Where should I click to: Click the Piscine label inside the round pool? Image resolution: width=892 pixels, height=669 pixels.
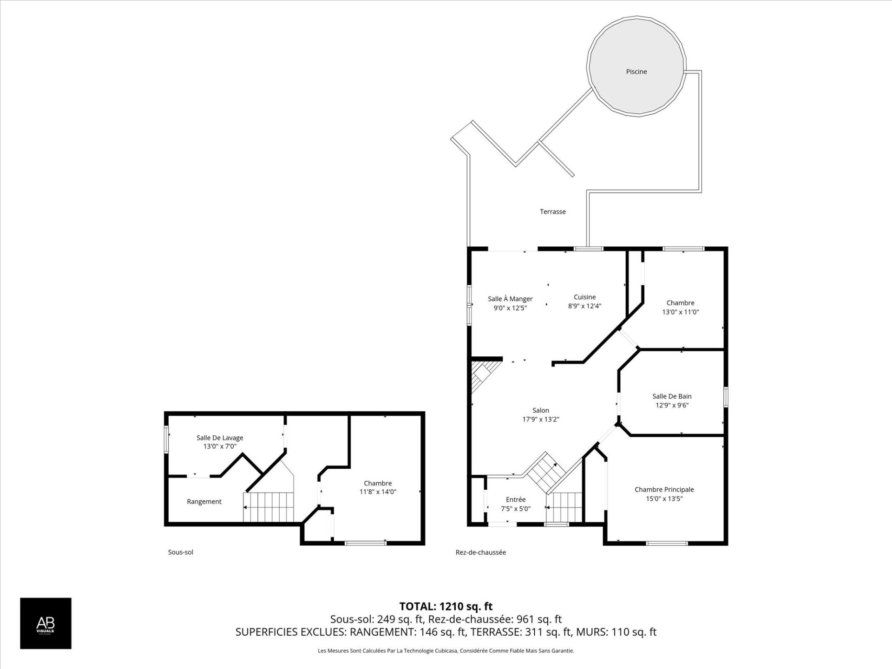(636, 72)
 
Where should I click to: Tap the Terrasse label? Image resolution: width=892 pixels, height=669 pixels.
(552, 211)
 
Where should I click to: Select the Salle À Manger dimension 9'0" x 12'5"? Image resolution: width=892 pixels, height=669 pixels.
(510, 308)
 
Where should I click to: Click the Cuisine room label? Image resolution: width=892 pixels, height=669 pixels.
(584, 297)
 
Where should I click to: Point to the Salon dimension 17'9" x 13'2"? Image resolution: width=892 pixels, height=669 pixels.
(540, 419)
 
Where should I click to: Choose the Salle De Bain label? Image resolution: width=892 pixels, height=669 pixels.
(672, 396)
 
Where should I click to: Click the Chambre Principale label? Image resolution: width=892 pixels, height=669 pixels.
(664, 489)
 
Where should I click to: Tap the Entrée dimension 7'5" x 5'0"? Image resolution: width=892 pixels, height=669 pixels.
(515, 509)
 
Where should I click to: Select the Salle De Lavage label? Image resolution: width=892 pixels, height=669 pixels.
(220, 438)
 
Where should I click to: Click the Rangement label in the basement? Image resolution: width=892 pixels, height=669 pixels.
(204, 501)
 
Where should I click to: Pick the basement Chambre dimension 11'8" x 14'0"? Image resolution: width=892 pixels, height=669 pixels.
(378, 492)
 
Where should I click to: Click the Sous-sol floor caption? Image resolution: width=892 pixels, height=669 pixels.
(180, 552)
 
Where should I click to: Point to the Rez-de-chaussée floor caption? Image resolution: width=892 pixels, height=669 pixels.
(480, 552)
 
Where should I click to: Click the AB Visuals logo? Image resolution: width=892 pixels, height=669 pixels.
(46, 623)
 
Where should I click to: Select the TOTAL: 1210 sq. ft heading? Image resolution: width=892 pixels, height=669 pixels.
(446, 606)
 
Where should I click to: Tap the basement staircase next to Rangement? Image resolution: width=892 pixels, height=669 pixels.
(269, 507)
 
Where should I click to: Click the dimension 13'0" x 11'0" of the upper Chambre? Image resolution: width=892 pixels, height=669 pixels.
(680, 312)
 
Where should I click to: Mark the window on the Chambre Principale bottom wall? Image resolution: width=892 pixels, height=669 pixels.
(667, 543)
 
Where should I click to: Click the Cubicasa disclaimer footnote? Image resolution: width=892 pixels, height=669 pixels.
(446, 651)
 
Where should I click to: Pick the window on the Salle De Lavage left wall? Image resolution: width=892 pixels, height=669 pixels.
(166, 439)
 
